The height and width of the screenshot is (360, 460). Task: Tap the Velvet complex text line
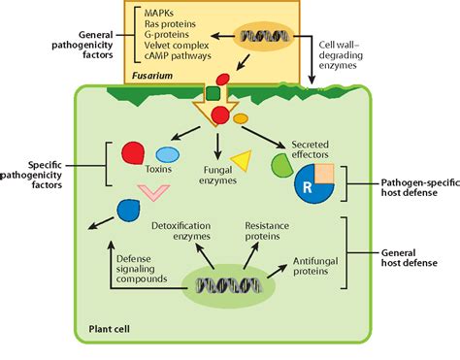coord(179,45)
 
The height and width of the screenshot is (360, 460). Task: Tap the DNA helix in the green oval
coord(228,285)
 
